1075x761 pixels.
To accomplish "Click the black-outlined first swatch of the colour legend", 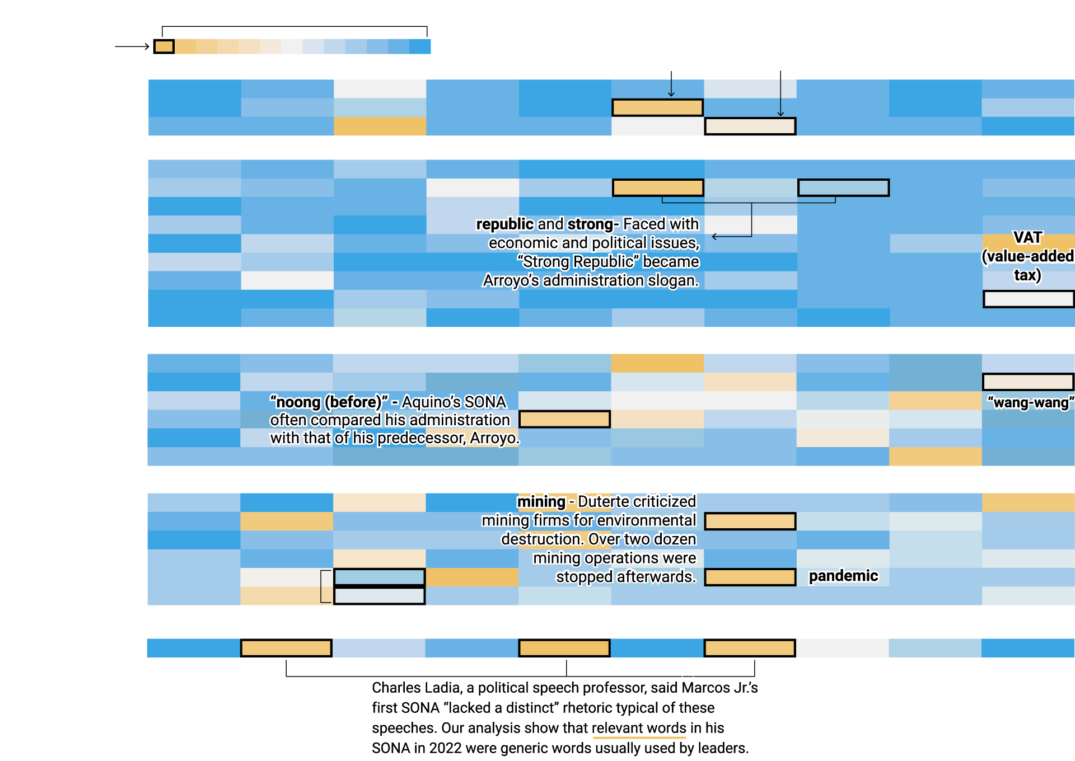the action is click(x=164, y=46).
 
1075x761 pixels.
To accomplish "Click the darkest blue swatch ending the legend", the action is click(x=420, y=46).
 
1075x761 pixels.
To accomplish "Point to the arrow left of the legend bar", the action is click(x=132, y=46).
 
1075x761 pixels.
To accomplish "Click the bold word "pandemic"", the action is click(x=843, y=576).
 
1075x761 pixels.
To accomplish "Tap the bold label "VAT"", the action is click(x=1028, y=238).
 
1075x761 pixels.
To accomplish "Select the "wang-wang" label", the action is click(x=1031, y=403).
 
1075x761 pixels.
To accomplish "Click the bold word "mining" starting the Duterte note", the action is click(x=541, y=502).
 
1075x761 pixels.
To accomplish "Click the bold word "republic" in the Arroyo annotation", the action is click(x=504, y=224).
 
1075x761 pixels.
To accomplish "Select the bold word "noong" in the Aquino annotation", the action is click(x=298, y=402).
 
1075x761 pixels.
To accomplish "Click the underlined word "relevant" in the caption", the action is click(x=617, y=728).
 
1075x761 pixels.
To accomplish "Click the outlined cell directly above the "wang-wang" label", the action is click(x=1029, y=382).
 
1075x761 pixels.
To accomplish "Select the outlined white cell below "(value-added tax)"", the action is click(x=1029, y=299).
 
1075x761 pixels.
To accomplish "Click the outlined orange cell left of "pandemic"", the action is click(x=750, y=577).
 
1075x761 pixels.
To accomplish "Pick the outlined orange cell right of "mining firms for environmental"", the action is click(x=750, y=521).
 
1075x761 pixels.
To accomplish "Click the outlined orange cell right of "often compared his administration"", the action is click(x=565, y=419).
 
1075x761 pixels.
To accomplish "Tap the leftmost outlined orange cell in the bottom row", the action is click(x=286, y=648).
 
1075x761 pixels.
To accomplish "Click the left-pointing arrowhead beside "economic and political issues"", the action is click(x=714, y=237).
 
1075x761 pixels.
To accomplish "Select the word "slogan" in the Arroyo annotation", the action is click(x=672, y=280).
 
